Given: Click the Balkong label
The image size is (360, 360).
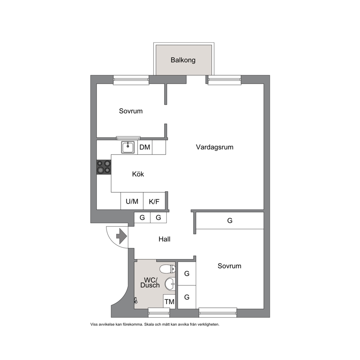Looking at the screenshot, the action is click(x=183, y=60).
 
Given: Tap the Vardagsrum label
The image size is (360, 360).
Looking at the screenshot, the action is click(x=215, y=147).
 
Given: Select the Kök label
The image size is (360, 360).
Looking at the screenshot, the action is click(x=138, y=174).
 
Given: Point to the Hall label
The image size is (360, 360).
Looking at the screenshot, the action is click(x=164, y=239).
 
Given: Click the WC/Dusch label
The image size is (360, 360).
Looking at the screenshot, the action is click(x=150, y=283).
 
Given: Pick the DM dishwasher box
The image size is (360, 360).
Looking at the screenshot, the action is click(x=145, y=147).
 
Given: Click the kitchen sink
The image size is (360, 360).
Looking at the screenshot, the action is click(x=128, y=147).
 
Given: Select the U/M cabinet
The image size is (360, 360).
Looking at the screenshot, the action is click(x=132, y=201).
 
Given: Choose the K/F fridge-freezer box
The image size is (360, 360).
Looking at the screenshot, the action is click(x=154, y=201).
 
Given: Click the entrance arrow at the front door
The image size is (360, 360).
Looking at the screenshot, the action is click(x=122, y=236).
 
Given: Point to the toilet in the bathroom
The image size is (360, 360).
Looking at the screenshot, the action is click(x=167, y=269).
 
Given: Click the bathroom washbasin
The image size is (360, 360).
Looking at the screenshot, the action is click(x=170, y=284).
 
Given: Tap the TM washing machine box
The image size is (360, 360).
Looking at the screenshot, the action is click(x=169, y=302).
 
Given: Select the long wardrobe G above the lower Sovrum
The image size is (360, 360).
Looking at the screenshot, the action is click(x=230, y=221).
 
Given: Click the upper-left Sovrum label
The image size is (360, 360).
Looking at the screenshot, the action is click(x=131, y=111).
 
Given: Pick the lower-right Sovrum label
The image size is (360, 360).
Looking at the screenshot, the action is click(x=229, y=266).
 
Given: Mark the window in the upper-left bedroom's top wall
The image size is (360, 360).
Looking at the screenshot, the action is click(x=131, y=80).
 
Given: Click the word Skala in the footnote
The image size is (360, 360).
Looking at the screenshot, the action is click(x=148, y=324).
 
